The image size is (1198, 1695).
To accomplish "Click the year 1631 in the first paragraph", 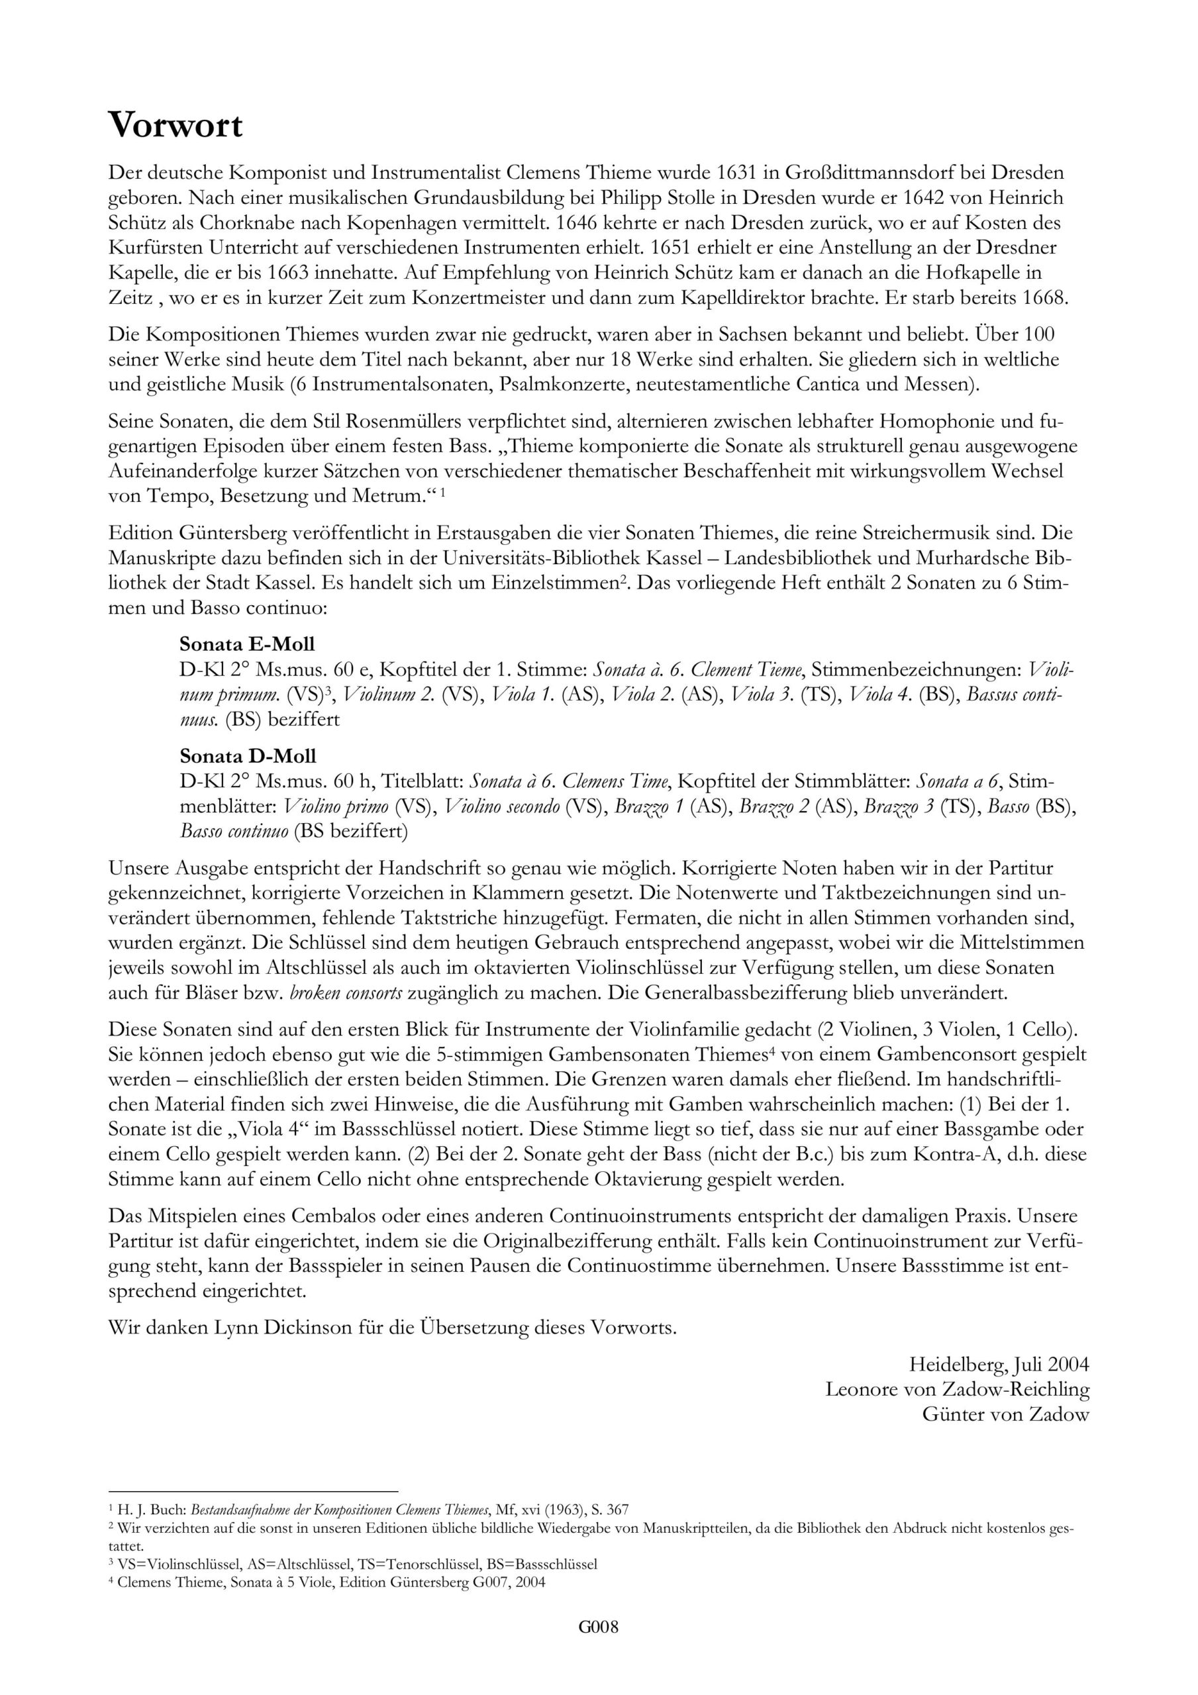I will pos(738,173).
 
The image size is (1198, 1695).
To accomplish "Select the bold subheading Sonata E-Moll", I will pos(248,642).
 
